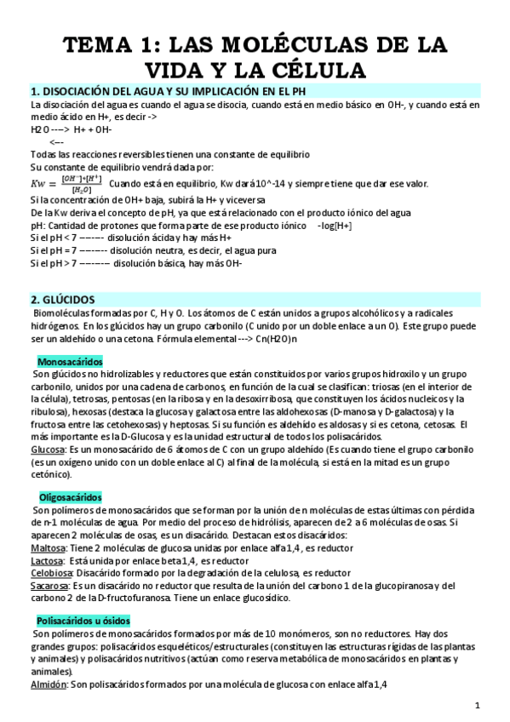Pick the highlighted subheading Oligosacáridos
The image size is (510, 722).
coord(69,496)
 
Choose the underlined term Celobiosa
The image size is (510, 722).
coord(51,573)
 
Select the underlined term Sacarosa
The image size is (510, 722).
coord(49,586)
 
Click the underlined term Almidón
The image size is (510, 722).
coord(48,684)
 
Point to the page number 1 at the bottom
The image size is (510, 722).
coord(478,705)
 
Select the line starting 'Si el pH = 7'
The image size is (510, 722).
coord(136,251)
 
